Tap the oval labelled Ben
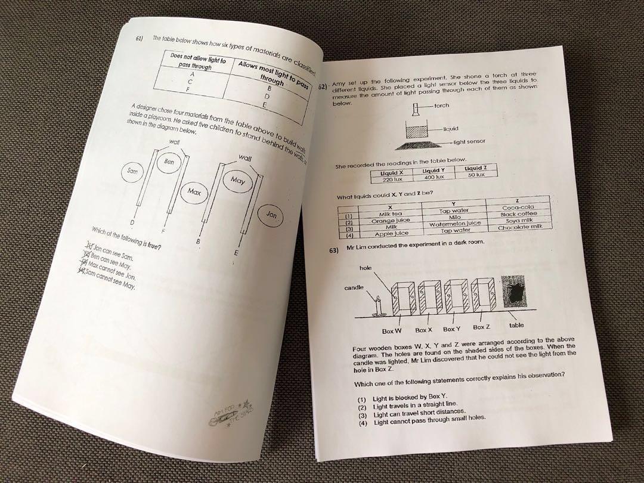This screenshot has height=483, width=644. coord(169,162)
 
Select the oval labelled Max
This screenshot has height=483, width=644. coord(194,191)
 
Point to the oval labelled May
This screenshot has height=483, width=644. coord(237,181)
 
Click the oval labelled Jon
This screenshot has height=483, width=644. coord(272,215)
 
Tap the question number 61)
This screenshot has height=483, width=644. coord(140,39)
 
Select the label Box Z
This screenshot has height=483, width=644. coord(482,327)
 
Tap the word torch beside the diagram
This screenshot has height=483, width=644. coord(441,106)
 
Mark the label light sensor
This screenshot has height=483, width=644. coord(469,142)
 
